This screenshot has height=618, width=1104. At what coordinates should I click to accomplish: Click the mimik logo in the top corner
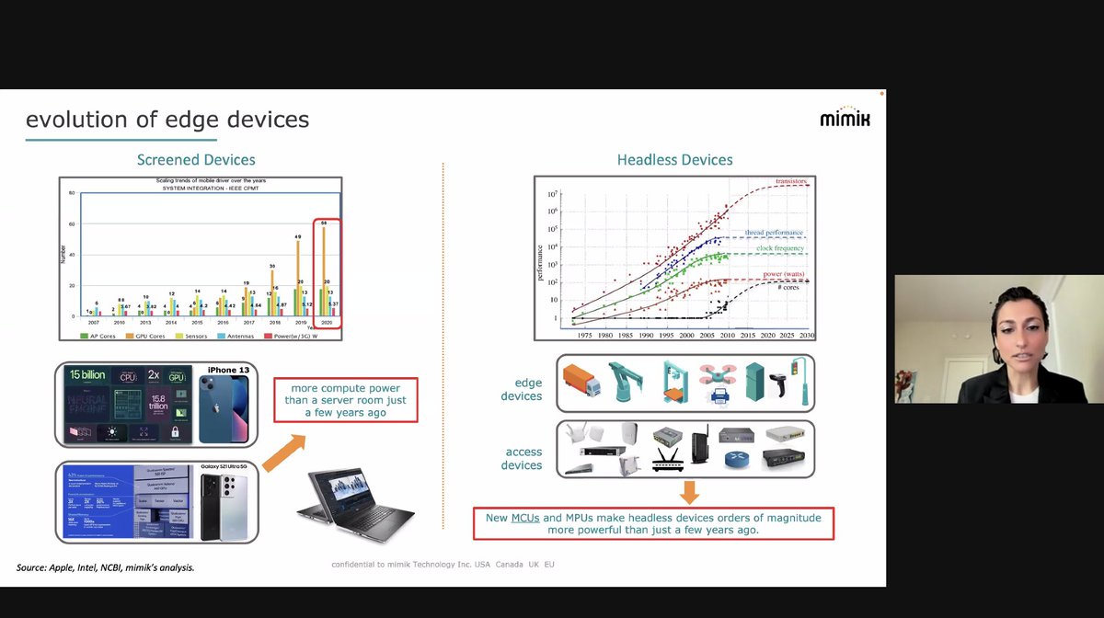click(x=845, y=118)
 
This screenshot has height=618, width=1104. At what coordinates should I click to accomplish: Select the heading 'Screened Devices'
click(x=196, y=160)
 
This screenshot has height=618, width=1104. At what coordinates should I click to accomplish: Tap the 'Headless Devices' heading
click(x=674, y=160)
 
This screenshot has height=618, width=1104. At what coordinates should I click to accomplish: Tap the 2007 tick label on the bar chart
click(x=93, y=323)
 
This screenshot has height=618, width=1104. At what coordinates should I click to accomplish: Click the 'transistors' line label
click(x=791, y=182)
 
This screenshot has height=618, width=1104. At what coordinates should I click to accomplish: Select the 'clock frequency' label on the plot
click(x=782, y=248)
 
